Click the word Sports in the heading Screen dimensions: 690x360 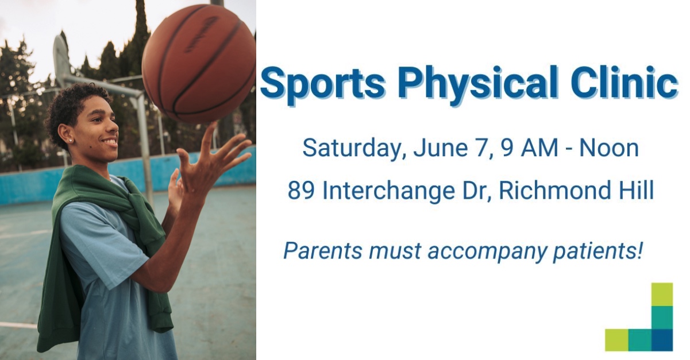[x=322, y=83]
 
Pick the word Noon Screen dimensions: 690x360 [x=609, y=148]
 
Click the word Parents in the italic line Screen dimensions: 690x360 [x=322, y=251]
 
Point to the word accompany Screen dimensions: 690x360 [x=486, y=252]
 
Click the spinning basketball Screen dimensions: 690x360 [x=199, y=64]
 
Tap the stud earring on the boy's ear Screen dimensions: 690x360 [x=71, y=141]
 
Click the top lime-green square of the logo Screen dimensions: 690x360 [x=662, y=295]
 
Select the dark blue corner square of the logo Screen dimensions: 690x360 [x=662, y=340]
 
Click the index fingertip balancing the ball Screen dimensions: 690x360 [x=213, y=125]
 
